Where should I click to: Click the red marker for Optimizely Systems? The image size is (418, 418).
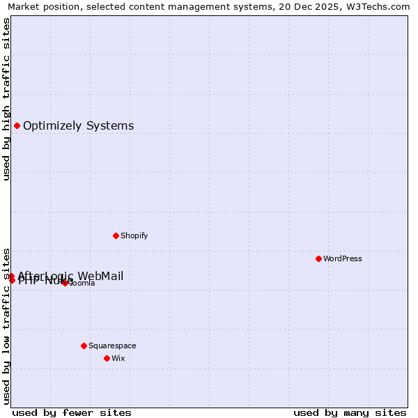[x=17, y=126]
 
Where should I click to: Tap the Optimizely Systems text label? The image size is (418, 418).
[x=78, y=126]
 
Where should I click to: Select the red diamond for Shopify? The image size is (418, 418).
[x=116, y=235]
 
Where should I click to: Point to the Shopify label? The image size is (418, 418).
[x=134, y=235]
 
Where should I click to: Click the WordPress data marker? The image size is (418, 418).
[x=318, y=258]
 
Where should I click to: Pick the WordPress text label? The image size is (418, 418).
[x=342, y=258]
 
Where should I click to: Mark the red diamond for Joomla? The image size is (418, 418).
[x=65, y=283]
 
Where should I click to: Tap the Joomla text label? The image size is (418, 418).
[x=82, y=284]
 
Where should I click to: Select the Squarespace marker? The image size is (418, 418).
[x=84, y=346]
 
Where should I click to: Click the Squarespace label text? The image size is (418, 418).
[x=112, y=346]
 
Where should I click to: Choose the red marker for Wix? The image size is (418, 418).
[x=107, y=358]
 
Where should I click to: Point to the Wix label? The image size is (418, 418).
[x=118, y=358]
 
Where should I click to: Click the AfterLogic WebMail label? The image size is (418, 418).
[x=70, y=276]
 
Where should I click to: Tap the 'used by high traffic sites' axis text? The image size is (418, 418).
[x=6, y=99]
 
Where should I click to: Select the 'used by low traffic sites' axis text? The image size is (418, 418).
[x=6, y=325]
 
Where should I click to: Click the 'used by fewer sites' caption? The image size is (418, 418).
[x=72, y=412]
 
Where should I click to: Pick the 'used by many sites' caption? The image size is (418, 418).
[x=350, y=412]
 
